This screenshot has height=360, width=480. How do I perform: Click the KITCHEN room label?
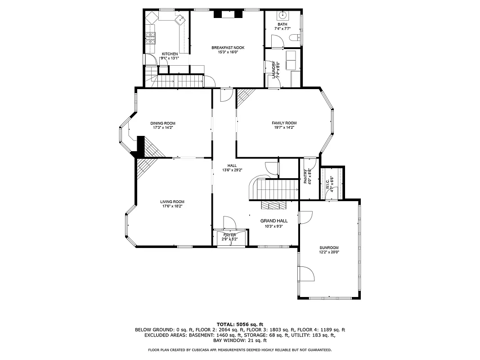[170, 54]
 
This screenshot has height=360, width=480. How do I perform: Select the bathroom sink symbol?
[283, 14]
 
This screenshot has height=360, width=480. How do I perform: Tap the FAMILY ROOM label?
[284, 123]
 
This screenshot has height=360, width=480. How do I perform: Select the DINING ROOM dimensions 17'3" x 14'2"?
[163, 128]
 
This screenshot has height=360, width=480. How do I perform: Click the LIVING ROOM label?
[172, 202]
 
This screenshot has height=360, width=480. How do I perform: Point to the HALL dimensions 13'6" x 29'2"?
[232, 170]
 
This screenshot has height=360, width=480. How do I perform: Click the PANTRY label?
[305, 176]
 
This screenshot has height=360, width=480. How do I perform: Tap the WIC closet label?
[327, 184]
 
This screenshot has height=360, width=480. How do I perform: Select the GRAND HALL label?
[274, 221]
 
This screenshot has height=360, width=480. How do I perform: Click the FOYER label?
[230, 234]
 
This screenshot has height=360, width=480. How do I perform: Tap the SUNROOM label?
[329, 247]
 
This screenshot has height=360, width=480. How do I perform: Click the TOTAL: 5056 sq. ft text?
[240, 324]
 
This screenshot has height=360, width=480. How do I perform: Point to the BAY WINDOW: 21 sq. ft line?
[240, 340]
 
